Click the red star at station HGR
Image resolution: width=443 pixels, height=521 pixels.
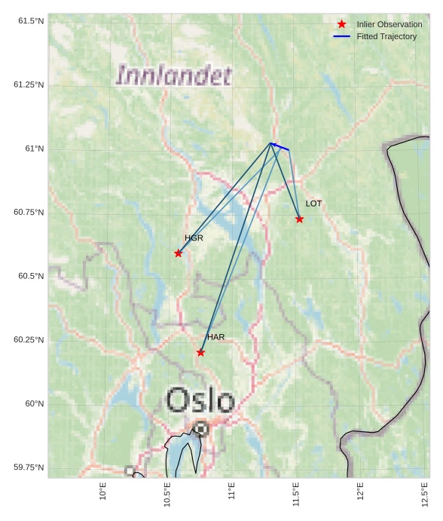point(179,253)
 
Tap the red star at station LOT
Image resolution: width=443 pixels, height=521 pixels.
point(300,219)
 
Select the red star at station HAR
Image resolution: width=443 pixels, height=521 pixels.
point(200,352)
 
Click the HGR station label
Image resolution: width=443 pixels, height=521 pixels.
point(194,238)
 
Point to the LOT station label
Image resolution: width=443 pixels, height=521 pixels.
point(313,204)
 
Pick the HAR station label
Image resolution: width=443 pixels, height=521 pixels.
point(215,337)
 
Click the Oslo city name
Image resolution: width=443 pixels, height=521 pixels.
point(200,400)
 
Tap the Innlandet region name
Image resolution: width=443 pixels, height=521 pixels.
point(174,75)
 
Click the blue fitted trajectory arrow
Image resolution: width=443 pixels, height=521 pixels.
point(280,146)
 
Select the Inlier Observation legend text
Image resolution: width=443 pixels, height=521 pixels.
point(390,24)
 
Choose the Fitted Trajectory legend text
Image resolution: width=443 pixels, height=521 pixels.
point(386,36)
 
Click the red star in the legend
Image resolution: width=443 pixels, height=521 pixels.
point(341,24)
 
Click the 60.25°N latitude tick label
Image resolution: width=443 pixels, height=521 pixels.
point(29,340)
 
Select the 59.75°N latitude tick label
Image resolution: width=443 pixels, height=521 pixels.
point(29,467)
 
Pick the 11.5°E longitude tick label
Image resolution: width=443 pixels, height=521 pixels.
point(297,495)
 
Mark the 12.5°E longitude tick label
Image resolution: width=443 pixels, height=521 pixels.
point(426,495)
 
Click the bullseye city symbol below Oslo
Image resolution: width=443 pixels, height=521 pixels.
point(200,429)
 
